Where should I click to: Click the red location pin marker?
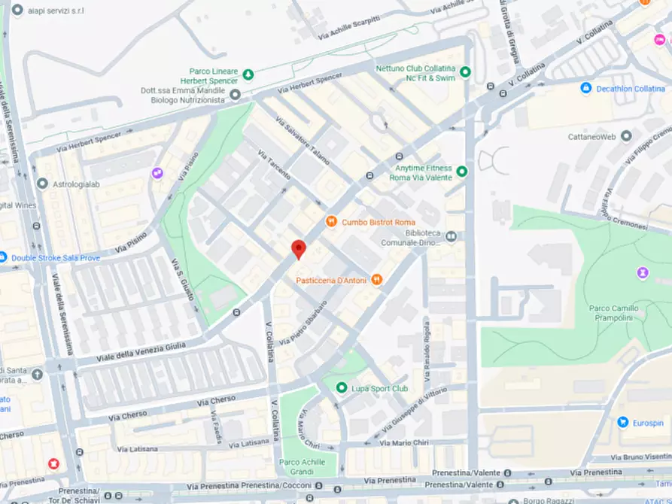[x=299, y=249]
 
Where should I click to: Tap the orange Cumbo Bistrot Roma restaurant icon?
[x=330, y=222]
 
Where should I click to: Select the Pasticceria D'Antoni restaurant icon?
[x=376, y=280]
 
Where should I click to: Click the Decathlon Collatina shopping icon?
[x=585, y=89]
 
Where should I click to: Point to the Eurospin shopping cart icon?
[x=622, y=423]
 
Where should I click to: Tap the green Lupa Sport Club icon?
[x=340, y=388]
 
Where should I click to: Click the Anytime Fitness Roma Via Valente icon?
[x=462, y=172]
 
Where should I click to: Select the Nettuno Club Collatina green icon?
[x=465, y=72]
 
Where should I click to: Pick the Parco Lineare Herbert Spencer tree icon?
[x=248, y=74]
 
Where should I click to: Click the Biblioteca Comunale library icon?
[x=451, y=237]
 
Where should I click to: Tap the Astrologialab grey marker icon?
[x=42, y=184]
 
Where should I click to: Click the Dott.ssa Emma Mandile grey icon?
[x=235, y=95]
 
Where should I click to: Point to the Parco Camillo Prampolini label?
[x=608, y=313]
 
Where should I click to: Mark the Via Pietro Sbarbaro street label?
[x=303, y=324]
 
